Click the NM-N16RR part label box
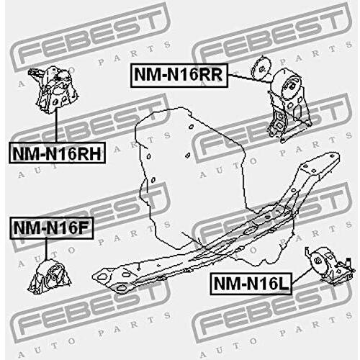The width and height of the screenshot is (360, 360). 179,75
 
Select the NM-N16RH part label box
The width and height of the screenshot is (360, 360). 57,153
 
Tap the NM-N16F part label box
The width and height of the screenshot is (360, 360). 51,228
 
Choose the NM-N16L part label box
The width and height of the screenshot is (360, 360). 251,284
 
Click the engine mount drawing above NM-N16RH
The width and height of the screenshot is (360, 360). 55,89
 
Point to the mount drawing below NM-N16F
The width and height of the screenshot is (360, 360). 50,276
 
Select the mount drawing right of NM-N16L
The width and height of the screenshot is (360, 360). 330,266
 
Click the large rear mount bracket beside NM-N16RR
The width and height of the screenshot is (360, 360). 289,106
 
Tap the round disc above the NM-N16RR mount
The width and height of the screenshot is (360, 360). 262,68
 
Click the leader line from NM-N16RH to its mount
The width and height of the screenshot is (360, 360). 57,125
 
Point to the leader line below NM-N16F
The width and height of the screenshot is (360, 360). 46,249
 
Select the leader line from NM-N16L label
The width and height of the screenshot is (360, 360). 302,276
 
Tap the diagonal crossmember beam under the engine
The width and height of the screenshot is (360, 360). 216,223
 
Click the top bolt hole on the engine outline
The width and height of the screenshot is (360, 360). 191,126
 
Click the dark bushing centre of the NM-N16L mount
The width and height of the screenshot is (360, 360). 318,261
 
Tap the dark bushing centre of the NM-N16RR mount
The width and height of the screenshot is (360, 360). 292,86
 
